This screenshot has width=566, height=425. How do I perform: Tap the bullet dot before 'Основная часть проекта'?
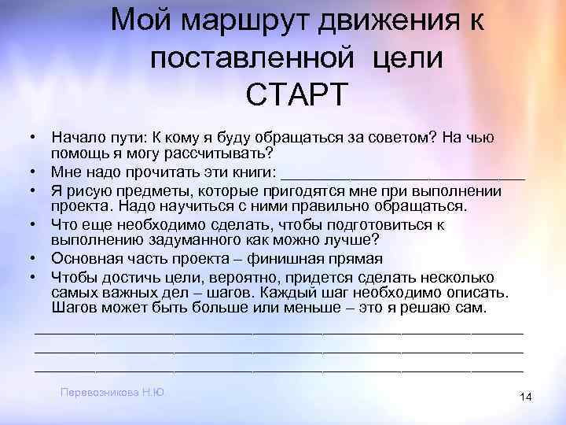35,259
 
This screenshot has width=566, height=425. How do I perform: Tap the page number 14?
526,398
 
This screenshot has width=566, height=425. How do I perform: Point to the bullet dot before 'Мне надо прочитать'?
35,171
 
